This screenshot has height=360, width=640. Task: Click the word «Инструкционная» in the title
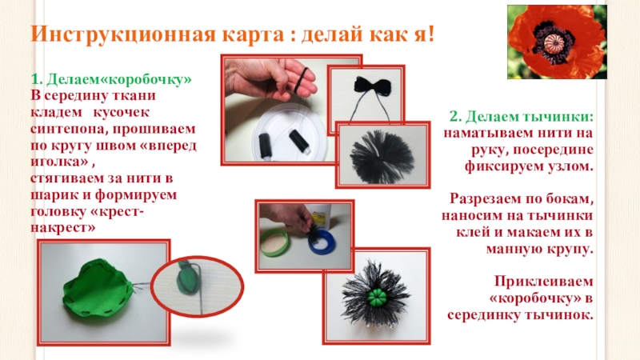pos(123,34)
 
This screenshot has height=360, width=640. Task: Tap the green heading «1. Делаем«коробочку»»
pos(111,79)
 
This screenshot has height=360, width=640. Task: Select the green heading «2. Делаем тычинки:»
pos(522,117)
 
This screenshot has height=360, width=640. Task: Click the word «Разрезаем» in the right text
pos(486,199)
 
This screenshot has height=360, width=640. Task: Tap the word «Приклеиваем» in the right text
pos(544,282)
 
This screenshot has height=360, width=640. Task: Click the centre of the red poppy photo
pos(557,42)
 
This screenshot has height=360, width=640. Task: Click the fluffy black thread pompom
pos(382,155)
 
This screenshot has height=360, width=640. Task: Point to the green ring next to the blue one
pos(274,242)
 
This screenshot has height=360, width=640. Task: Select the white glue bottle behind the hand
pos(320,216)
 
